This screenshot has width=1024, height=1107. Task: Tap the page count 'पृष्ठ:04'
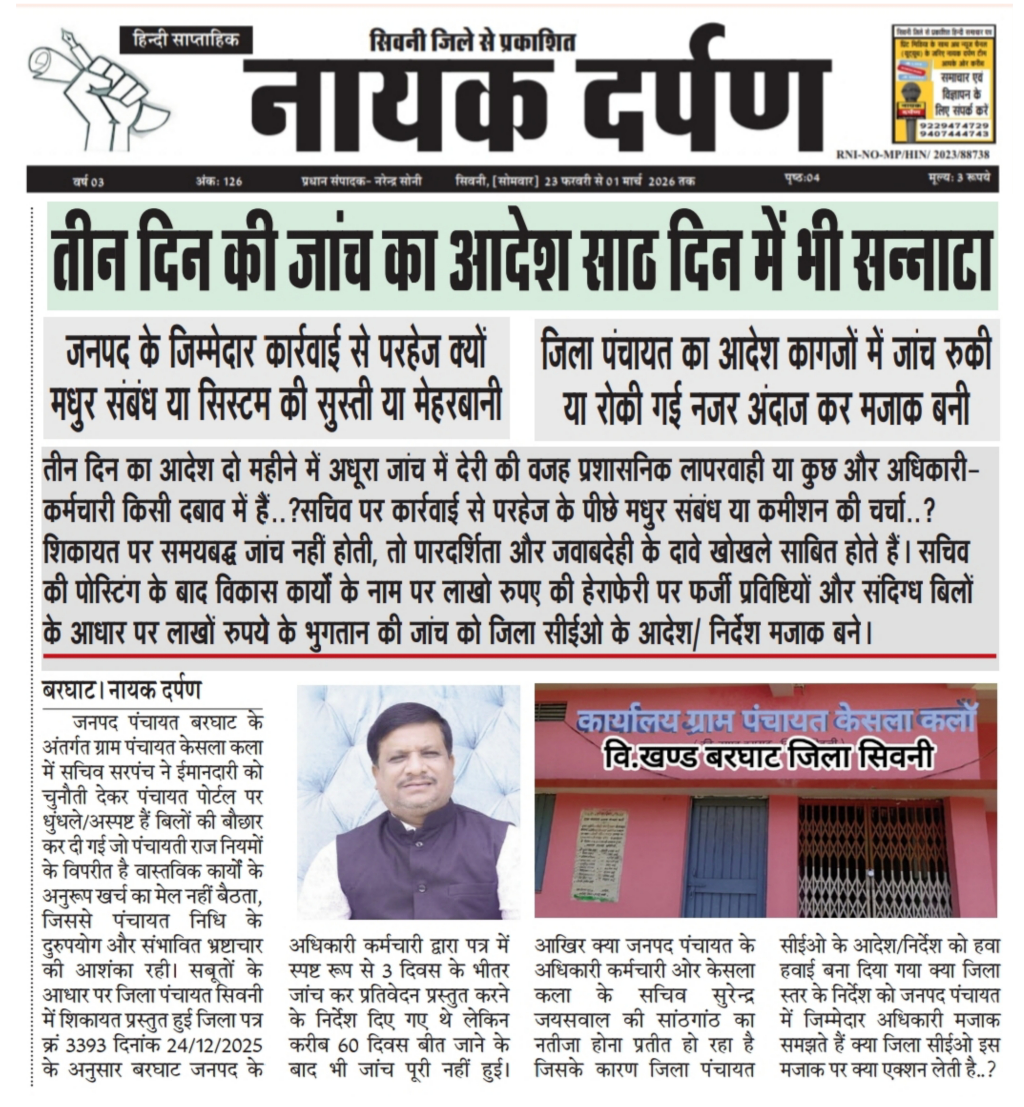point(802,178)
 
